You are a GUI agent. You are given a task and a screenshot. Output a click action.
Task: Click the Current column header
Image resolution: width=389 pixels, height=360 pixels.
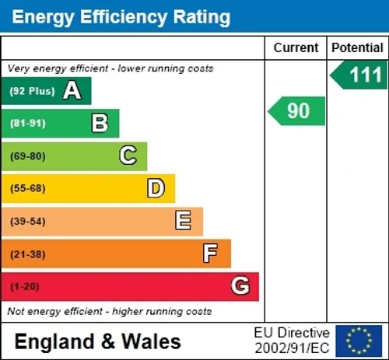point(296,48)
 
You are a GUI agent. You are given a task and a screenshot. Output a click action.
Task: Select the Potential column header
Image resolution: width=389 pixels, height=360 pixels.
point(357,48)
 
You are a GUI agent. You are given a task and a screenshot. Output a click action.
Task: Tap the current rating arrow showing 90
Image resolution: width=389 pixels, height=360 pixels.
point(296,111)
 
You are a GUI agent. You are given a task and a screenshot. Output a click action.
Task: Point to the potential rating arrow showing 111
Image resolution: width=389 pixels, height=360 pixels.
point(359,75)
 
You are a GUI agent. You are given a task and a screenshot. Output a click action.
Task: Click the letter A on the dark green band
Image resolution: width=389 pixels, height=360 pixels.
point(72,90)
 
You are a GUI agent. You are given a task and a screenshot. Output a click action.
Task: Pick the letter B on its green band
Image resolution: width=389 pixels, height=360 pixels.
point(100,123)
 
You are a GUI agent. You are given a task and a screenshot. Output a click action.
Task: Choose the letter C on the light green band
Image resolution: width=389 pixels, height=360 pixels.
point(128,155)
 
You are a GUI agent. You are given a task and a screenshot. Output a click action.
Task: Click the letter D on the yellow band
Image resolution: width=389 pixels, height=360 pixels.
point(156,188)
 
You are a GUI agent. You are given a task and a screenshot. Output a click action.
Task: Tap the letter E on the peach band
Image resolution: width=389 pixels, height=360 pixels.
point(183,220)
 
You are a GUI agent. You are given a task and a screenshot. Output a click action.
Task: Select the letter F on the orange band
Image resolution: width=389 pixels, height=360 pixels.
point(210,253)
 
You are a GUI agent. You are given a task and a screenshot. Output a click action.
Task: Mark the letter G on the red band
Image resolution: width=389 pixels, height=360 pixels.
point(240,285)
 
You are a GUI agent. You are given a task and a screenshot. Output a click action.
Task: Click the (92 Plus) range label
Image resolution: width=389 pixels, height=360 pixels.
point(32,91)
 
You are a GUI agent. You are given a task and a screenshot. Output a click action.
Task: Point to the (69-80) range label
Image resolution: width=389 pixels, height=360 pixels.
point(28,156)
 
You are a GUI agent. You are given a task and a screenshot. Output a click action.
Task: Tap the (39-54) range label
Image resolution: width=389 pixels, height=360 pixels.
point(28,222)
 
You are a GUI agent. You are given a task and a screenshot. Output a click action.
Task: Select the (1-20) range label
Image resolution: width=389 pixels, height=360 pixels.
point(25,287)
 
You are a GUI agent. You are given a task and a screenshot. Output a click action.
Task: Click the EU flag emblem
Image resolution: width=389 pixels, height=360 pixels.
point(359,341)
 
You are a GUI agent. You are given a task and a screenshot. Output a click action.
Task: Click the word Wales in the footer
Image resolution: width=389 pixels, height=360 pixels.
point(152,341)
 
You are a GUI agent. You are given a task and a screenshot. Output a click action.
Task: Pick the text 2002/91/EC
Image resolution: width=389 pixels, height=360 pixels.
point(292,348)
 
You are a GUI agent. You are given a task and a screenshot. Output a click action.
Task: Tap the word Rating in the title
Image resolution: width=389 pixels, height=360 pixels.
point(202,17)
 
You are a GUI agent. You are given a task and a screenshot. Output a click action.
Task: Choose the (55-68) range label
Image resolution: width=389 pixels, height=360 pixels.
point(28,188)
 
